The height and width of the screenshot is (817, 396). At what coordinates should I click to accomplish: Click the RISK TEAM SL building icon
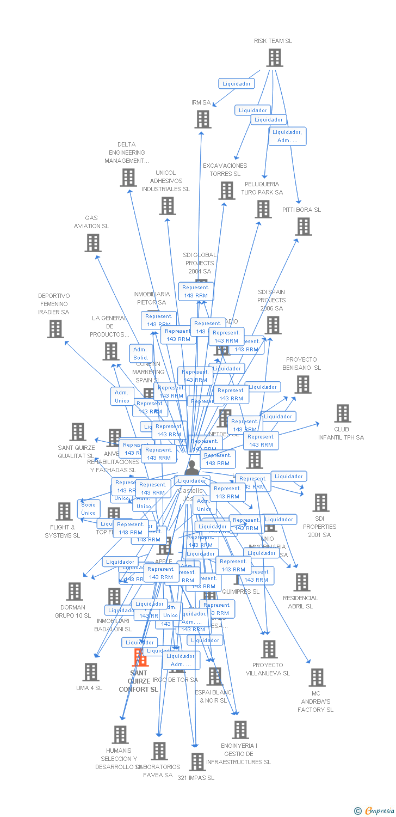pyautogui.click(x=275, y=58)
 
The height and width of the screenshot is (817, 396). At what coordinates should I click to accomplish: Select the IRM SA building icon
pyautogui.click(x=203, y=119)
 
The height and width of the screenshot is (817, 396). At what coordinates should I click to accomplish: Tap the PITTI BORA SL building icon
pyautogui.click(x=304, y=227)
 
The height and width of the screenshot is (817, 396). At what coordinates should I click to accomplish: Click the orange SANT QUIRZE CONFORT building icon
pyautogui.click(x=140, y=657)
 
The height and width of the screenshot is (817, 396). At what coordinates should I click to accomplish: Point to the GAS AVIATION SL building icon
pyautogui.click(x=93, y=243)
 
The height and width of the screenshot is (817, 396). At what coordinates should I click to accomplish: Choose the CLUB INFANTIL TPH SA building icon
pyautogui.click(x=342, y=413)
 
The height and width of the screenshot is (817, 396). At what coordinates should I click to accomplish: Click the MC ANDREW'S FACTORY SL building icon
pyautogui.click(x=317, y=678)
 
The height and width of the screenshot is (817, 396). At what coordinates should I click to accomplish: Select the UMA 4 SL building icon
pyautogui.click(x=91, y=672)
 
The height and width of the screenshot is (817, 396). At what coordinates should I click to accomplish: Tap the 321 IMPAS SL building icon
pyautogui.click(x=197, y=761)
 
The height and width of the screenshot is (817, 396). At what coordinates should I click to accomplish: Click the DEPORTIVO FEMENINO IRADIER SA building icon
pyautogui.click(x=55, y=329)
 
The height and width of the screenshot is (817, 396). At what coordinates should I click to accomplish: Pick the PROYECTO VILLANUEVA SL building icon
pyautogui.click(x=269, y=649)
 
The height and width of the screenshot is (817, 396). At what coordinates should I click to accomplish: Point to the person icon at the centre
pyautogui.click(x=191, y=468)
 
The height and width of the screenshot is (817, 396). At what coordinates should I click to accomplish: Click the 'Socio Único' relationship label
pyautogui.click(x=89, y=509)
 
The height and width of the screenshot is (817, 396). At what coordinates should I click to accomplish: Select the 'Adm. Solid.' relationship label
pyautogui.click(x=140, y=353)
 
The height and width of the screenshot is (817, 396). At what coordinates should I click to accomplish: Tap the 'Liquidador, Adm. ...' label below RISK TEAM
pyautogui.click(x=287, y=136)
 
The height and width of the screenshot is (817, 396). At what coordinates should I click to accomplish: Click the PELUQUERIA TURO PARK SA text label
pyautogui.click(x=262, y=188)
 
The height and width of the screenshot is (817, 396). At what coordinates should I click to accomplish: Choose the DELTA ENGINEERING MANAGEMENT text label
pyautogui.click(x=127, y=153)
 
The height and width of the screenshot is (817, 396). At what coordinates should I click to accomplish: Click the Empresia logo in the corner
pyautogui.click(x=374, y=810)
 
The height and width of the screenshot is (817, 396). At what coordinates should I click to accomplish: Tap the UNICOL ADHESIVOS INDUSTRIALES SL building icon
pyautogui.click(x=168, y=206)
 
